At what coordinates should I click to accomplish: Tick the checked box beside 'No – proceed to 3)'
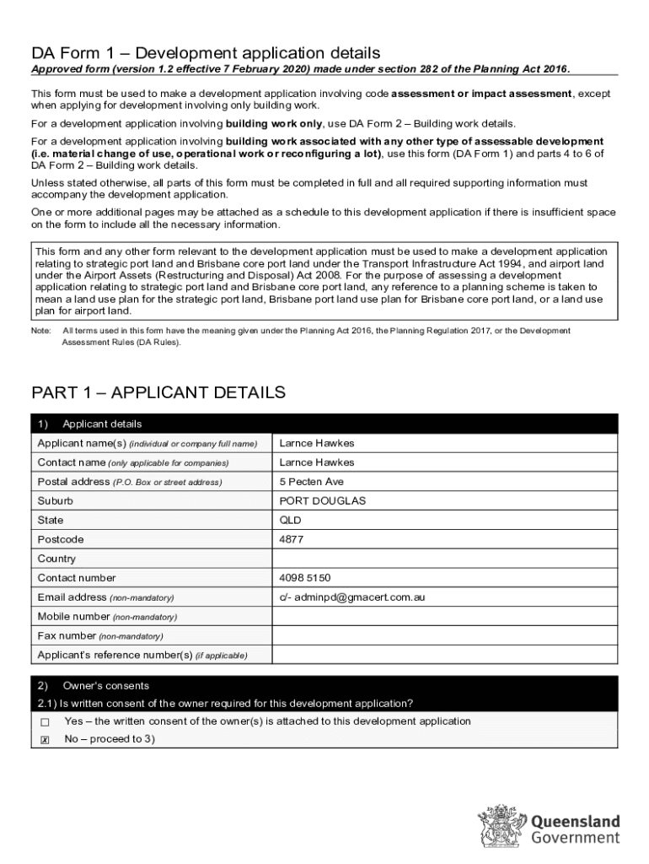[x=45, y=740]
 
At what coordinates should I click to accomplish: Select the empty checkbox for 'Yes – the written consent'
[x=45, y=722]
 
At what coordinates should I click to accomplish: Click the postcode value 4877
[x=292, y=539]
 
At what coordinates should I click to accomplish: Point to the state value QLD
[x=291, y=520]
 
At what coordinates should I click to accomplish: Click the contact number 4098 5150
[x=305, y=578]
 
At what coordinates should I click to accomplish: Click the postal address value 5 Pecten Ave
[x=312, y=482]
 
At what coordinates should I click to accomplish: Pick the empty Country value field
[x=444, y=559]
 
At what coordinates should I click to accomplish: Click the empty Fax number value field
[x=444, y=636]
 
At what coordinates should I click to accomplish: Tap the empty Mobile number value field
[x=444, y=617]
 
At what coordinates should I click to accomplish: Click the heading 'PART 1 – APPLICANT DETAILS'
[x=158, y=392]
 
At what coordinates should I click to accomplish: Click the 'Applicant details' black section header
[x=102, y=424]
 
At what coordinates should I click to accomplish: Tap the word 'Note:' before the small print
[x=41, y=332]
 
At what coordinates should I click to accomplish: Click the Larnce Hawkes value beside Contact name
[x=317, y=462]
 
